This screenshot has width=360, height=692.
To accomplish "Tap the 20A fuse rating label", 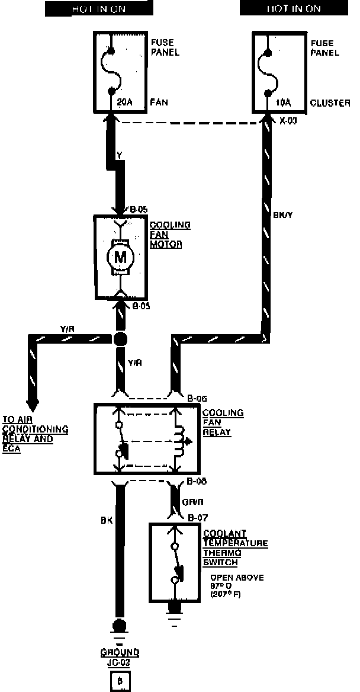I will pyautogui.click(x=124, y=102).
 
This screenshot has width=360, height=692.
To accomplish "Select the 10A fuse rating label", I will pyautogui.click(x=284, y=102).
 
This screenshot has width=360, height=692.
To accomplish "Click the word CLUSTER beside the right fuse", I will pyautogui.click(x=330, y=102).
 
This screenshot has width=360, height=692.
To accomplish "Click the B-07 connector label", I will pyautogui.click(x=195, y=518).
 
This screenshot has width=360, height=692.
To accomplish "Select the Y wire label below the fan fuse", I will pyautogui.click(x=120, y=156).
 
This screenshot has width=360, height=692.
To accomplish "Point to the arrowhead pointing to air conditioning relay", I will pyautogui.click(x=33, y=405).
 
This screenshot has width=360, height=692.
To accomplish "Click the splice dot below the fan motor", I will pyautogui.click(x=120, y=339).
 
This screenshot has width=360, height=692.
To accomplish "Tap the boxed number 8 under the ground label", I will pyautogui.click(x=120, y=681).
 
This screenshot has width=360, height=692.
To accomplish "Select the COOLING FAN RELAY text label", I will pyautogui.click(x=216, y=422).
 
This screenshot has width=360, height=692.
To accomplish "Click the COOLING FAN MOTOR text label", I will pyautogui.click(x=170, y=235).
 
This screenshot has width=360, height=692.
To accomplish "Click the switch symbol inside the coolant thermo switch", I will pyautogui.click(x=176, y=563).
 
